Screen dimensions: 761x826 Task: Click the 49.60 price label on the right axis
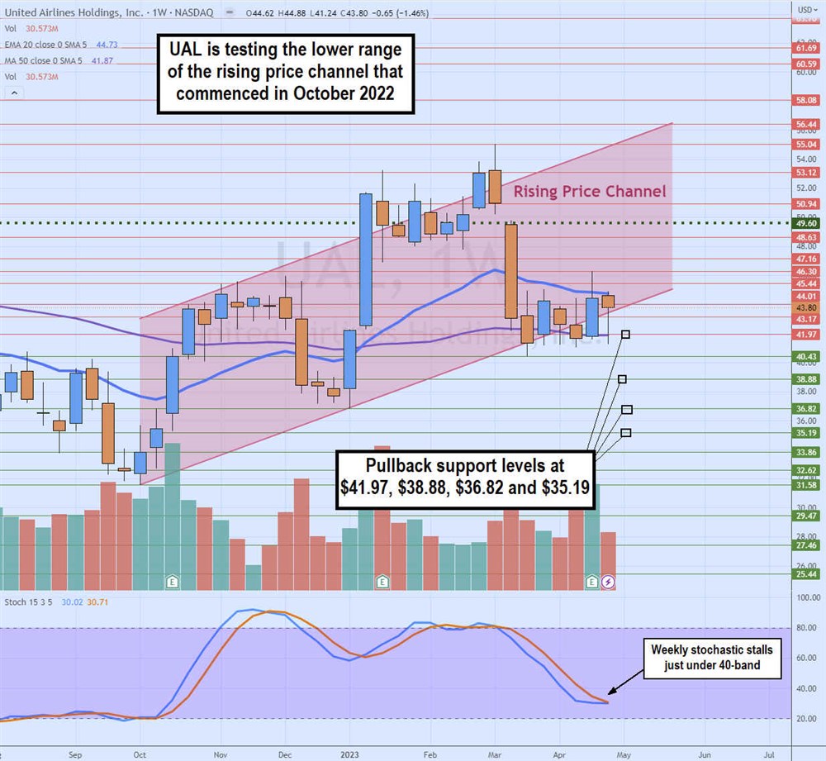807,223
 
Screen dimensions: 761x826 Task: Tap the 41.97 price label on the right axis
807,334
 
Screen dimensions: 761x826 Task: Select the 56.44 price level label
807,125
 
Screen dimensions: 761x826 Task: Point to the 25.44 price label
807,574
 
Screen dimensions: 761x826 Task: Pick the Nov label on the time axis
221,754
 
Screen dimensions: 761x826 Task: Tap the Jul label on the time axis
768,754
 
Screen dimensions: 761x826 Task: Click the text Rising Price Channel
589,192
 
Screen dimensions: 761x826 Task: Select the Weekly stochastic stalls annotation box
714,657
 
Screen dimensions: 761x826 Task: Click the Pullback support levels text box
465,478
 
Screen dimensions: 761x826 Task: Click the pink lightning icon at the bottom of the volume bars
608,583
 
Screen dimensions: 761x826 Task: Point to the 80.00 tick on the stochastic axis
807,628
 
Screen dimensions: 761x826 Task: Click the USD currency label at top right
804,9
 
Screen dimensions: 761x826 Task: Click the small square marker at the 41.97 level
626,335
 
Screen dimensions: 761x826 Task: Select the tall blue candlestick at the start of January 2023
365,259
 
